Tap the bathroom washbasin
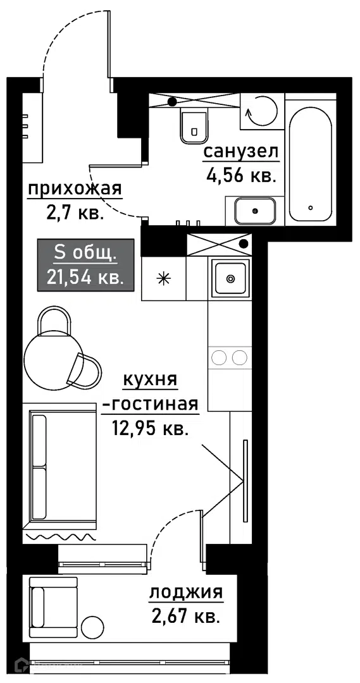click(x=255, y=211)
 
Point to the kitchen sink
click(x=230, y=278)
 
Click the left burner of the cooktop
click(x=218, y=357)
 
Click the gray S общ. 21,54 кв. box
click(x=85, y=265)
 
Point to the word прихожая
click(x=75, y=190)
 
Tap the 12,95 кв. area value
click(x=151, y=429)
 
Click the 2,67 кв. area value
click(x=185, y=617)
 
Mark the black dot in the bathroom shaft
click(x=173, y=102)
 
